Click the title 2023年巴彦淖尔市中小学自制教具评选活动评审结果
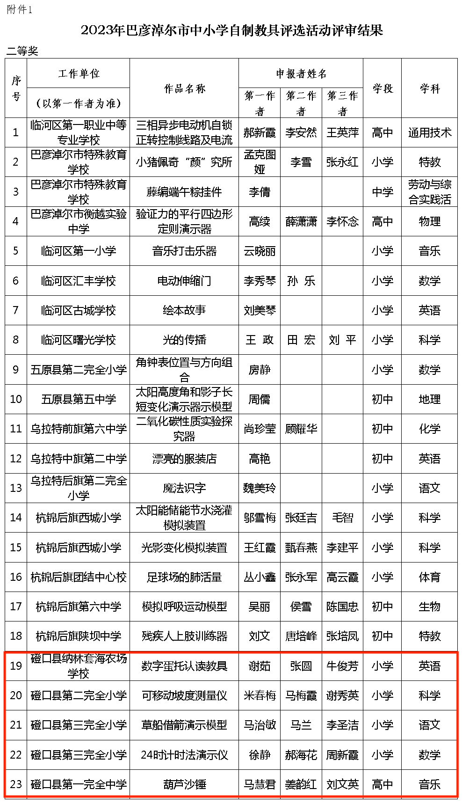pyautogui.click(x=232, y=30)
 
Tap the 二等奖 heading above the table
pyautogui.click(x=22, y=51)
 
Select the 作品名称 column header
pyautogui.click(x=184, y=88)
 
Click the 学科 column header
pyautogui.click(x=429, y=88)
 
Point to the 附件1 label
pyautogui.click(x=20, y=10)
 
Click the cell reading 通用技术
pyautogui.click(x=429, y=133)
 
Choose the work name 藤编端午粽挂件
pyautogui.click(x=184, y=192)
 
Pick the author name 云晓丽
pyautogui.click(x=260, y=251)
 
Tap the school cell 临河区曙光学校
pyautogui.click(x=78, y=340)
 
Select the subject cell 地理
pyautogui.click(x=429, y=399)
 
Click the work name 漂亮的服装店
pyautogui.click(x=184, y=459)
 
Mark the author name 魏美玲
pyautogui.click(x=260, y=488)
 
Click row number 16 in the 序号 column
pyautogui.click(x=16, y=577)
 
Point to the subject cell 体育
pyautogui.click(x=429, y=577)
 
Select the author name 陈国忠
pyautogui.click(x=342, y=607)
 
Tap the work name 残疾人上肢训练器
pyautogui.click(x=184, y=636)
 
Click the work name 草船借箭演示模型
pyautogui.click(x=184, y=725)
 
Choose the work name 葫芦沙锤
pyautogui.click(x=184, y=784)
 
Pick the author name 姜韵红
pyautogui.click(x=301, y=784)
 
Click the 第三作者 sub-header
pyautogui.click(x=342, y=103)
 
